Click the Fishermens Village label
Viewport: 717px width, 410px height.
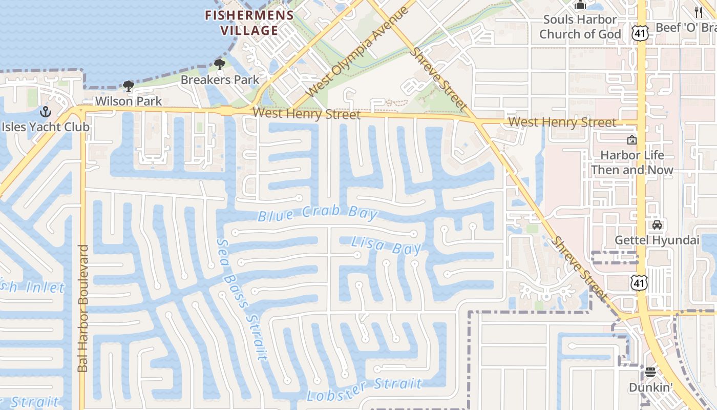[249, 23]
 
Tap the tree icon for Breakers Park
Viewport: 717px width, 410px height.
[220, 65]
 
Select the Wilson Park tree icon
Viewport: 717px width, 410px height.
[128, 86]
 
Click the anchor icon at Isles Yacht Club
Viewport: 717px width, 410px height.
[46, 111]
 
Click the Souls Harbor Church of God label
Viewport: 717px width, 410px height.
[580, 27]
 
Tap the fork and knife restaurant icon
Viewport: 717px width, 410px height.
[699, 12]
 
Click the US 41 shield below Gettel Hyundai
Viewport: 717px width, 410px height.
[640, 282]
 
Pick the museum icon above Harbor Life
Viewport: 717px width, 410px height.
[632, 139]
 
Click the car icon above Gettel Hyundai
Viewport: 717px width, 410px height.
[657, 224]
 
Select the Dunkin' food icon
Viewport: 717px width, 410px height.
[650, 372]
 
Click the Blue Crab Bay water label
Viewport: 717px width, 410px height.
[318, 214]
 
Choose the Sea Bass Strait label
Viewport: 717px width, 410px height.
[242, 300]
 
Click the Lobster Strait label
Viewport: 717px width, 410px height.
[364, 389]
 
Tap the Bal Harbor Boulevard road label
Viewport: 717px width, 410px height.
[83, 308]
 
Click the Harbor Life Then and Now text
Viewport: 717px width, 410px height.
[632, 162]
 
